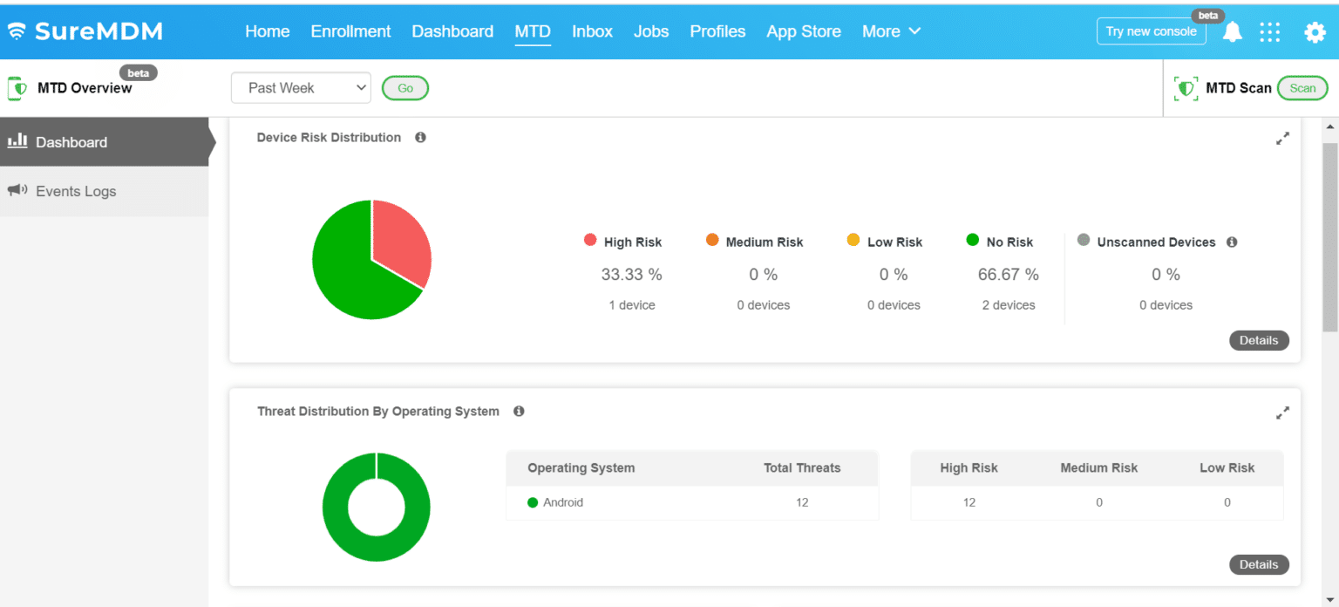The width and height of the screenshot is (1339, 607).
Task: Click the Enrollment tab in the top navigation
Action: pyautogui.click(x=350, y=31)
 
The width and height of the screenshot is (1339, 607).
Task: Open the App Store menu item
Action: pyautogui.click(x=803, y=31)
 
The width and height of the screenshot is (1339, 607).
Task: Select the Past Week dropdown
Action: pyautogui.click(x=301, y=88)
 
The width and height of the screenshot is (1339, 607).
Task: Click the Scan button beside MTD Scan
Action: pyautogui.click(x=1302, y=88)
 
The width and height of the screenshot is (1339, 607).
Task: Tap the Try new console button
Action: pyautogui.click(x=1151, y=31)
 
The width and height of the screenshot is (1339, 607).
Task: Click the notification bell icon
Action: pyautogui.click(x=1232, y=32)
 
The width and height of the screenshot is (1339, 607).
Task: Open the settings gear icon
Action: pyautogui.click(x=1314, y=32)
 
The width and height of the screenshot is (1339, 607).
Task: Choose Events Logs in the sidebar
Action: pyautogui.click(x=76, y=191)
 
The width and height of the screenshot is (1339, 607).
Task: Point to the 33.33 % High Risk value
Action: pyautogui.click(x=631, y=275)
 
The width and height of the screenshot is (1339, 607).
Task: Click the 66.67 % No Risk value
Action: pyautogui.click(x=1008, y=275)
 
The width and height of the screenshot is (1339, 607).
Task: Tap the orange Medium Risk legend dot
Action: pyautogui.click(x=712, y=241)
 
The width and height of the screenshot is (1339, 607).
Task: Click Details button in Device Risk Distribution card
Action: pyautogui.click(x=1258, y=340)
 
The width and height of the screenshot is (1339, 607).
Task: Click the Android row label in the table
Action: pyautogui.click(x=562, y=502)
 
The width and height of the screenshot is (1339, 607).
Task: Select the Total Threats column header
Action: pyautogui.click(x=801, y=468)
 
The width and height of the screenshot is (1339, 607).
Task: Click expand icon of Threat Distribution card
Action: pyautogui.click(x=1281, y=413)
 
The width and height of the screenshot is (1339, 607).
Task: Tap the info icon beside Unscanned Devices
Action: pyautogui.click(x=1231, y=242)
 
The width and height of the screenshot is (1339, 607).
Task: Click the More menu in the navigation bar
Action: pyautogui.click(x=890, y=31)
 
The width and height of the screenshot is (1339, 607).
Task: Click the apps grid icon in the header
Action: pyautogui.click(x=1270, y=32)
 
